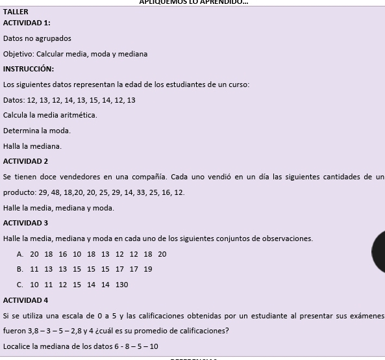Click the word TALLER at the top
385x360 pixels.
(16, 12)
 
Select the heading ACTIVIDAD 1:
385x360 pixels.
(27, 23)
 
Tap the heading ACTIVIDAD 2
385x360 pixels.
(25, 161)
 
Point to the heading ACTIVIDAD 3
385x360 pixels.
(25, 223)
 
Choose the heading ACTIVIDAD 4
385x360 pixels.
(25, 300)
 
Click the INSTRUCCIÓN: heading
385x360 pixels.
(29, 69)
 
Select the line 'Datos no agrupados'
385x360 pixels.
(37, 38)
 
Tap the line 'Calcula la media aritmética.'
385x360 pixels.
(50, 115)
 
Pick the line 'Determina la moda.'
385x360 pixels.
(36, 131)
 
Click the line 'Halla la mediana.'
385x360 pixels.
(32, 146)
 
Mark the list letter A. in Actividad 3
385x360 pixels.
(20, 254)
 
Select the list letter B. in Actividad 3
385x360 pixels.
(20, 269)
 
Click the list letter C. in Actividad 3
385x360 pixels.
(20, 285)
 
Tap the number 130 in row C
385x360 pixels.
(121, 285)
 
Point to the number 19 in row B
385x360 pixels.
(148, 269)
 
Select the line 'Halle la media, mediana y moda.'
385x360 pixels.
(58, 208)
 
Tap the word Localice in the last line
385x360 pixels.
(17, 346)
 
